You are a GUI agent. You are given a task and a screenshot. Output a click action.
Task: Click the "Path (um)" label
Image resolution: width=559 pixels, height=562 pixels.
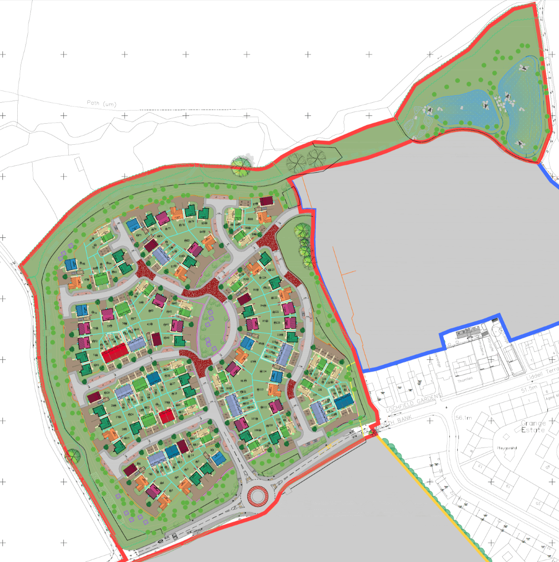tap(101, 103)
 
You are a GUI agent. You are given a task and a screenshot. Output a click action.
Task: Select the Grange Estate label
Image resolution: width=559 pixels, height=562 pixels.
tap(533, 426)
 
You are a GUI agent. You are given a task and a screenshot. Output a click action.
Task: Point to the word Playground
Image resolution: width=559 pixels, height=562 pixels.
tap(506, 448)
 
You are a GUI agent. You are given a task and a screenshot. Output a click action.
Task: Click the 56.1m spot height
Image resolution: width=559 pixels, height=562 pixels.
tap(464, 417)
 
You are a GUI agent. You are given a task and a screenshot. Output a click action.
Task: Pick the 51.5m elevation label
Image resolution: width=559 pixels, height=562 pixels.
tap(529, 389)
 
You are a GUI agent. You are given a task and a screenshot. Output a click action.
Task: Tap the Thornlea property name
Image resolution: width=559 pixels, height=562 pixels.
tap(465, 379)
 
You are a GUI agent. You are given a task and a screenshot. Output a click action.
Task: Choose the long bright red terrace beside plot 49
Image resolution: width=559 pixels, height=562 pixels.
tap(115, 353)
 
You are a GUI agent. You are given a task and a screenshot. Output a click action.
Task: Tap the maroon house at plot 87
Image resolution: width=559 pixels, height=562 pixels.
tap(266, 201)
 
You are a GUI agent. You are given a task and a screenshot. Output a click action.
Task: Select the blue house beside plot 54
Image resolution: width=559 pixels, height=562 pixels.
tap(82, 310)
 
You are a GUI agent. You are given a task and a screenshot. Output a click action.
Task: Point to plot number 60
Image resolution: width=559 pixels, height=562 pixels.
tap(152, 311)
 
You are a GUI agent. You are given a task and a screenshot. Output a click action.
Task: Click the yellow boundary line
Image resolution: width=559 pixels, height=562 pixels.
tap(433, 499)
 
